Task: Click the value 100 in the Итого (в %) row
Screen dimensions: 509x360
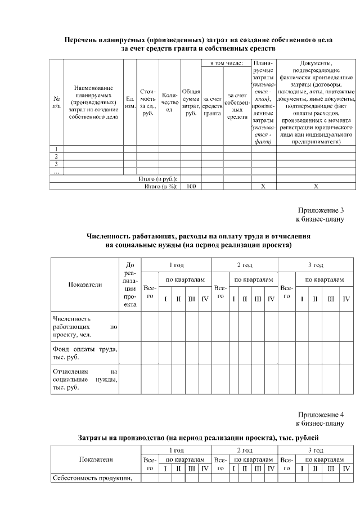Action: coord(191,186)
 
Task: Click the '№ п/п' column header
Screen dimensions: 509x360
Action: coord(56,102)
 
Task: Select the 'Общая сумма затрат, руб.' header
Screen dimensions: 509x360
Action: coord(191,102)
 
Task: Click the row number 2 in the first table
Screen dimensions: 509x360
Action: coord(56,156)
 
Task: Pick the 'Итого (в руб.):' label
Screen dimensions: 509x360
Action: coord(158,178)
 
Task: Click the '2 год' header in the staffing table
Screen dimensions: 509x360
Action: coord(244,264)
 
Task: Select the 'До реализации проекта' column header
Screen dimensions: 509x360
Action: coord(130,284)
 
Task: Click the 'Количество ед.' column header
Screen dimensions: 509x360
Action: coord(169,102)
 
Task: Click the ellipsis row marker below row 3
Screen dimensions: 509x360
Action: coord(56,172)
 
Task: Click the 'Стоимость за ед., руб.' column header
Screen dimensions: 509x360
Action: coord(148,102)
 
